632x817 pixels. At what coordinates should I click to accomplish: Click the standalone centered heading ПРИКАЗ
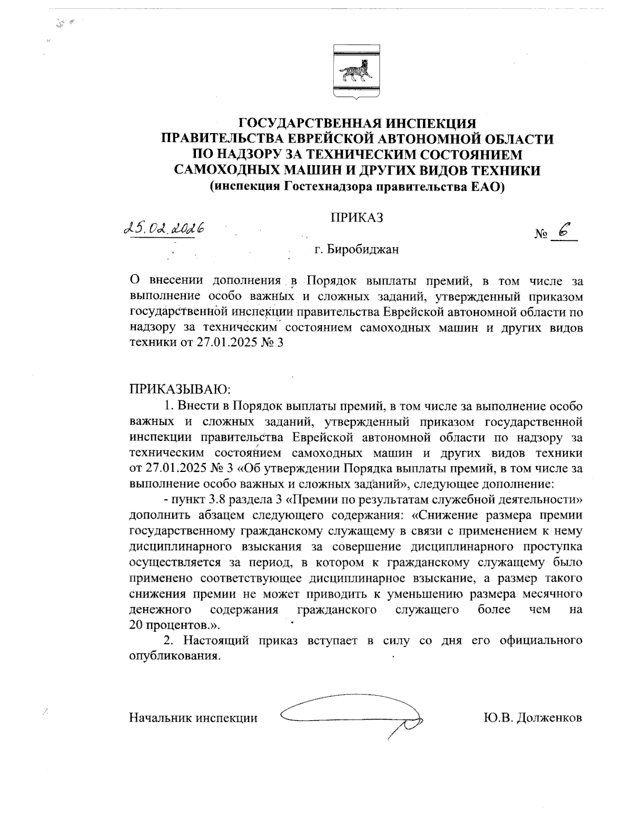point(356,217)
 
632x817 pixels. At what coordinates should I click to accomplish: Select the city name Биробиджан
point(363,249)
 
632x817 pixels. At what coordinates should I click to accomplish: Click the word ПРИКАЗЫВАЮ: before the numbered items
point(180,390)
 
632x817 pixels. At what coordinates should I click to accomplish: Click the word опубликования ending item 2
point(173,656)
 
